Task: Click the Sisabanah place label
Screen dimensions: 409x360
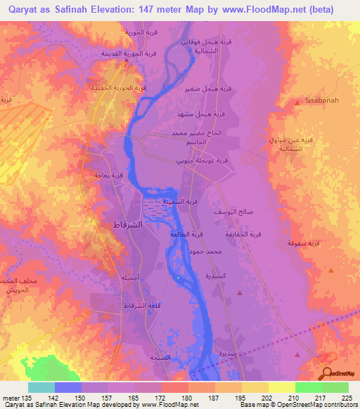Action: pos(322,100)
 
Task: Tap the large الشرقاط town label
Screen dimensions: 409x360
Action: pos(129,225)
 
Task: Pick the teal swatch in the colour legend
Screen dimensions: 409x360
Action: pos(41,387)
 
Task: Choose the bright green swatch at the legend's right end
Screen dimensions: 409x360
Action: pos(335,387)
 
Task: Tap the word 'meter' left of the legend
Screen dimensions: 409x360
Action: pos(11,397)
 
